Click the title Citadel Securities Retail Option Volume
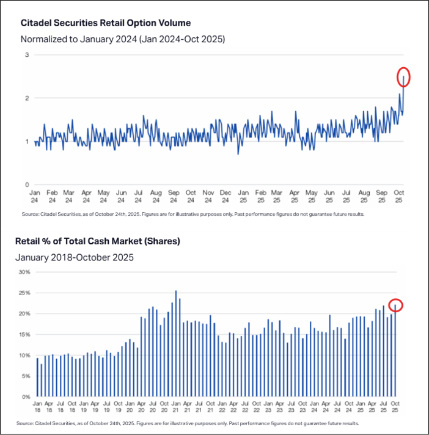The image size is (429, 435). click(x=106, y=23)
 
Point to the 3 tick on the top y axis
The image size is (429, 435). click(x=27, y=55)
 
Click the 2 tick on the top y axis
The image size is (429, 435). click(x=27, y=98)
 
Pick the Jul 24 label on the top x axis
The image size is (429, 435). click(x=139, y=196)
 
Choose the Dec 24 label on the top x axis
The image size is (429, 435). click(x=226, y=196)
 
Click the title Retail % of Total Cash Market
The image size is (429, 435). click(x=97, y=241)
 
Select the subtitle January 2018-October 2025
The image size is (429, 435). click(x=74, y=257)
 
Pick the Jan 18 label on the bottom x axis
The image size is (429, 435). click(x=37, y=407)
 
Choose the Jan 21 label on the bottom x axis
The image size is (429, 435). click(x=176, y=407)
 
